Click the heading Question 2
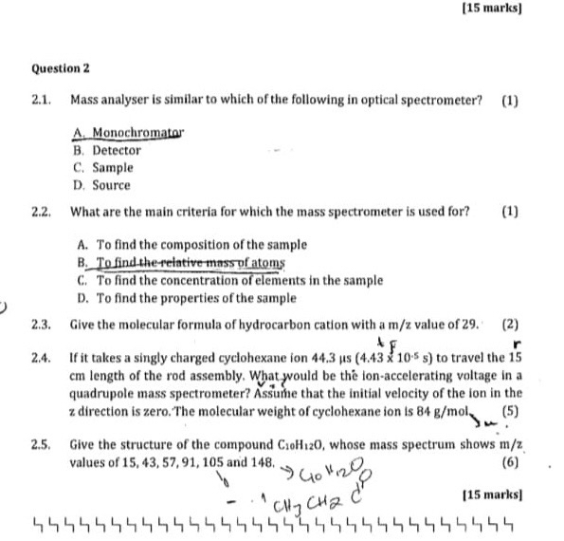(x=61, y=68)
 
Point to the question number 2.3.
(x=41, y=324)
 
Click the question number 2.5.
(x=41, y=444)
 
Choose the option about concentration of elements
(x=227, y=280)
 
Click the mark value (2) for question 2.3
(x=510, y=324)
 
